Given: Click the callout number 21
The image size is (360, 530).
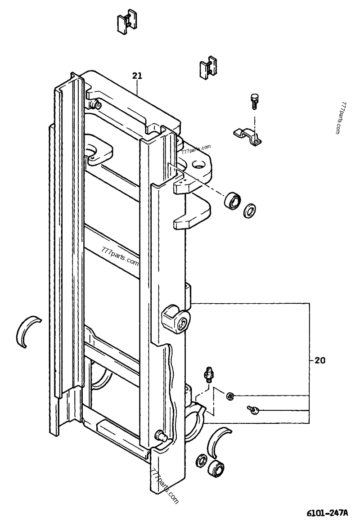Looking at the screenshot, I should point(137,76).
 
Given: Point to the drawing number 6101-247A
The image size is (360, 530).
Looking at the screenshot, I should point(328,514).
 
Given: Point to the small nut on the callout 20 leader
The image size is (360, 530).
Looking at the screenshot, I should point(230,396).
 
